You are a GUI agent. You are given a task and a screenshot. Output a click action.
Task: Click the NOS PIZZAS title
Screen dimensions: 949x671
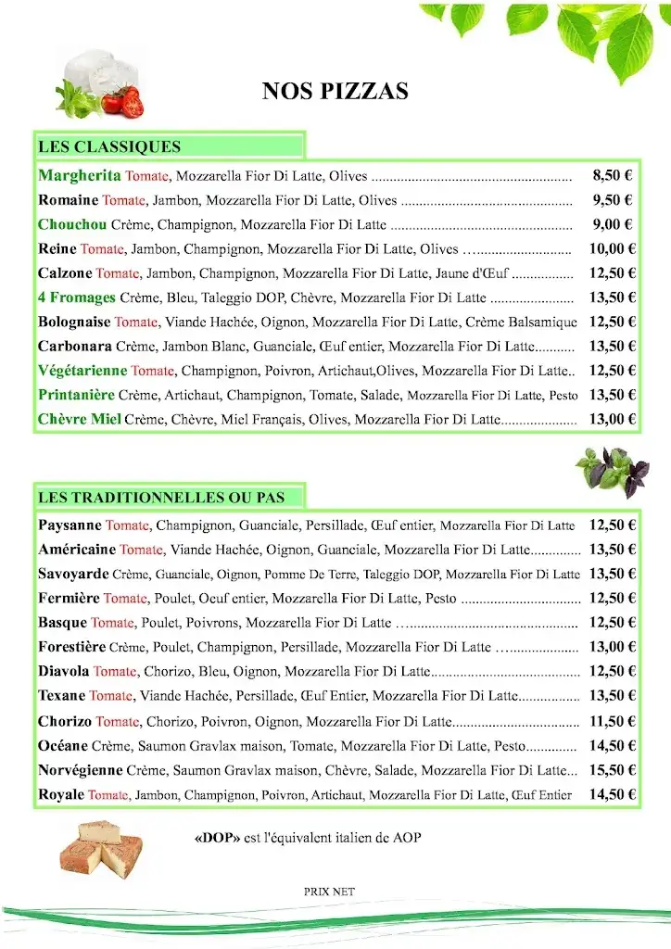(x=335, y=91)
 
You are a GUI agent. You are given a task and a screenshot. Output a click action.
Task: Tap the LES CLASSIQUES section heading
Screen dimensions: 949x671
(x=109, y=146)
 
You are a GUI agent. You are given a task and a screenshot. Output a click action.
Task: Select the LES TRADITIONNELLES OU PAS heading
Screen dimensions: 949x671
(x=161, y=498)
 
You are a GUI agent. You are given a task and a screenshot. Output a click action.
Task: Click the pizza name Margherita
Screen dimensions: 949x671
(x=80, y=175)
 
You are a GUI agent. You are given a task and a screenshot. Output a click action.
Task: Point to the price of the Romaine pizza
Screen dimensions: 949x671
(x=613, y=199)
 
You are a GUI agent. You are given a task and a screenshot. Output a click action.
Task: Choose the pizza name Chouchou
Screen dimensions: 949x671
(x=72, y=224)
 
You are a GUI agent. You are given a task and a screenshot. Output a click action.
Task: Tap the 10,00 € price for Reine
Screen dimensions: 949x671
(x=612, y=248)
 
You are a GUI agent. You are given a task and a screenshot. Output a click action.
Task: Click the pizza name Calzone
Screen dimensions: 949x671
(x=65, y=272)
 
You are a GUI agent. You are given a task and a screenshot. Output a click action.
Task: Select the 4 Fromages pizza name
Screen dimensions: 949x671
(x=77, y=297)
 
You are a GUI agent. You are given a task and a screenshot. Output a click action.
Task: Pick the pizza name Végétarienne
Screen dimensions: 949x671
(x=82, y=370)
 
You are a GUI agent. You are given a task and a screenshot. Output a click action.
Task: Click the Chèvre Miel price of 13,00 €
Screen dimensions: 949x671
(x=612, y=419)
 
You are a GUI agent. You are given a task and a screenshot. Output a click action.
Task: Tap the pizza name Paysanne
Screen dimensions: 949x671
(x=70, y=525)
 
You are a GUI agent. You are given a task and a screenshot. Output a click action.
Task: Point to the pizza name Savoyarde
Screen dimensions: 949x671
(x=73, y=574)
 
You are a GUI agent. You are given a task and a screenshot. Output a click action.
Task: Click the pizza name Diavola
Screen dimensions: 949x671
(x=64, y=671)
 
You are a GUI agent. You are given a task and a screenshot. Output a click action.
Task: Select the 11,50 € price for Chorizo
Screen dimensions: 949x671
(x=612, y=721)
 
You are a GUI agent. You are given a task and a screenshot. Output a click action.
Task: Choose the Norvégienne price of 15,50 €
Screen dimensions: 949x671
(x=612, y=770)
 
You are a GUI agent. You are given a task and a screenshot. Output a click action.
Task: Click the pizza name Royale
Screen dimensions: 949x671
(x=61, y=794)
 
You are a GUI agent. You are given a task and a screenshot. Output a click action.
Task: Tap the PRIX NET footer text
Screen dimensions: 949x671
(x=329, y=892)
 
